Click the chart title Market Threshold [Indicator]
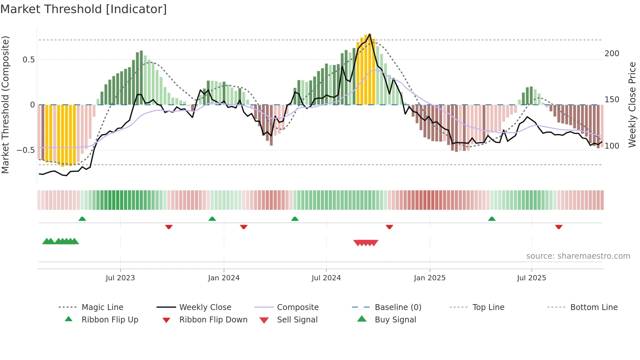coord(84,9)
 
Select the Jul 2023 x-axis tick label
coord(120,278)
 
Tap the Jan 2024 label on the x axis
coord(224,278)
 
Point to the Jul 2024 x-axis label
coord(326,278)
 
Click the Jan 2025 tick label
coord(429,278)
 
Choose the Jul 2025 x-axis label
coord(531,278)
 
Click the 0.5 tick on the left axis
coord(28,60)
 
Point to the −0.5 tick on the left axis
coord(25,150)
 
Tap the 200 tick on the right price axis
coord(612,54)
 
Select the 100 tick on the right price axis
coord(612,146)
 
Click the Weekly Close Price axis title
coord(632,105)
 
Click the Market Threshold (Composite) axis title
coord(5,105)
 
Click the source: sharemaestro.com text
coord(578,256)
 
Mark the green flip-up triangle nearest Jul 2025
coord(492,219)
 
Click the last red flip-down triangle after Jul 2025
coord(559,227)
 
